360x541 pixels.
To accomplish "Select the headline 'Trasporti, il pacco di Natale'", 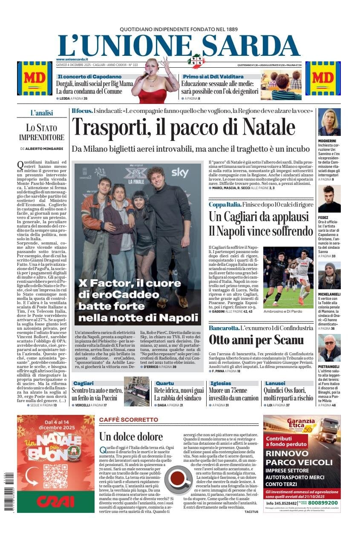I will coord(183,127).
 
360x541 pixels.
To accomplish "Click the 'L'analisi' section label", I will coord(42,113).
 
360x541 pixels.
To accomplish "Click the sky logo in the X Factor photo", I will coord(180,173).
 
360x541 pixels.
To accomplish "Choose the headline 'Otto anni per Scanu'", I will coord(256,340).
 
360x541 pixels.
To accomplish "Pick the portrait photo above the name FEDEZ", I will coord(329,199).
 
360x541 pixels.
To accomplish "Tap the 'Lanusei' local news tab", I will coord(275,383).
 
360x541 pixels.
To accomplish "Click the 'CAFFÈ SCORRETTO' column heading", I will coord(128,420).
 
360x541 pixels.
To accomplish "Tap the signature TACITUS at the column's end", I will coord(251,512).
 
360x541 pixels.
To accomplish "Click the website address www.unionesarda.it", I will coord(72,59).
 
